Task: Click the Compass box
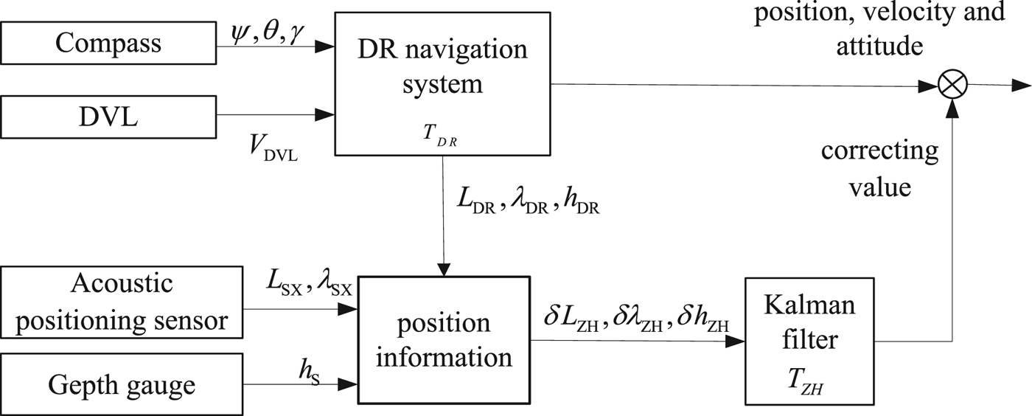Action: click(x=108, y=44)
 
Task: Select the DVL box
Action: click(x=108, y=116)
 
